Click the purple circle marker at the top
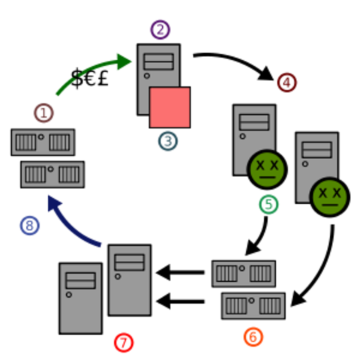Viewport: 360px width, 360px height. click(x=160, y=30)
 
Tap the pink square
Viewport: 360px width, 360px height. click(x=169, y=107)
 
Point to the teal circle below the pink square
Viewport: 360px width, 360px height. click(x=168, y=140)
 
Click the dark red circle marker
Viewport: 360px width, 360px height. click(x=287, y=82)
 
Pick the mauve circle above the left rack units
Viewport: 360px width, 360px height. click(x=44, y=113)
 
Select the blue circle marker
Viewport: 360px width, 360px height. click(x=29, y=225)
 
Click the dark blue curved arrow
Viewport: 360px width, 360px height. click(x=75, y=225)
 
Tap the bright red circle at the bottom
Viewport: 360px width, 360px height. click(x=124, y=343)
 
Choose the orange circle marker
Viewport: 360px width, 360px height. click(x=254, y=337)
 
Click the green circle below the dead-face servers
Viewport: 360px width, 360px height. click(x=268, y=204)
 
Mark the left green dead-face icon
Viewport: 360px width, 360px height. click(x=267, y=169)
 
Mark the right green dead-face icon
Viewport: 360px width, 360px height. click(x=328, y=196)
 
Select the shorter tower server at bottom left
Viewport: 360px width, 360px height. click(x=80, y=298)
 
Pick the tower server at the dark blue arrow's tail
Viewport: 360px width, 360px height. click(x=130, y=280)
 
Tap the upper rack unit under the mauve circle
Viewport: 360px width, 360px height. click(x=43, y=142)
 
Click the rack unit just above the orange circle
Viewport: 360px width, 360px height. click(x=253, y=305)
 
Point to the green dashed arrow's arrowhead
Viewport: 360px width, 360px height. click(x=124, y=61)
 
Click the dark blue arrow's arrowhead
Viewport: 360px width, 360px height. click(x=52, y=202)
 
